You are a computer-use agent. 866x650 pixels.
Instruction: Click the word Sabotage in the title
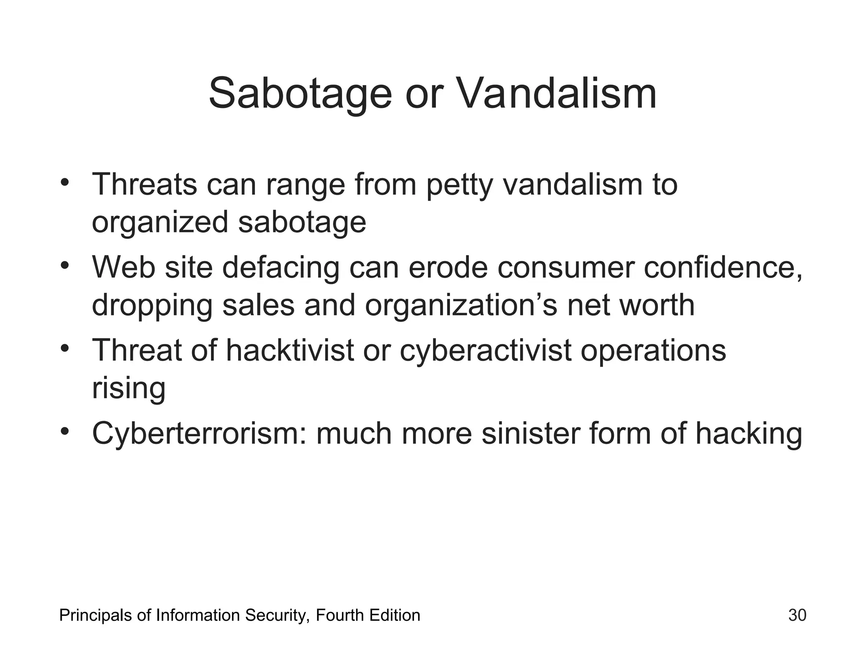coord(300,94)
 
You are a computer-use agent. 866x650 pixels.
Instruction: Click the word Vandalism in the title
coord(557,94)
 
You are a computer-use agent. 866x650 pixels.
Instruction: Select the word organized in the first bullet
coord(160,223)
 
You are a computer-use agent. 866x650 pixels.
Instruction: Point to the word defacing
coord(281,268)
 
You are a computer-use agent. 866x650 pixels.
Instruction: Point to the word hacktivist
coord(290,351)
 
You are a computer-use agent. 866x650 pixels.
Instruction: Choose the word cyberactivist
coord(485,351)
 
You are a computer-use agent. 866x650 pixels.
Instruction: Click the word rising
coord(129,388)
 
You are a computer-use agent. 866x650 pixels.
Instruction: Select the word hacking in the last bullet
coord(748,434)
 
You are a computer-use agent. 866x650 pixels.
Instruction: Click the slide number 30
coord(797,615)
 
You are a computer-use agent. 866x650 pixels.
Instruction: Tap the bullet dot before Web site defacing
coord(64,265)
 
